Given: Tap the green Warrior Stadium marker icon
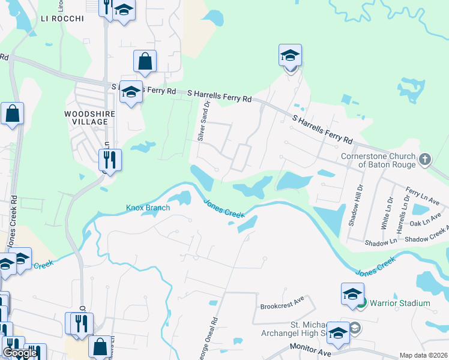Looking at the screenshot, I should pos(361,303).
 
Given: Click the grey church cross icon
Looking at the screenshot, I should pos(425,160).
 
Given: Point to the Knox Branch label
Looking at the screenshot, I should pos(148,208).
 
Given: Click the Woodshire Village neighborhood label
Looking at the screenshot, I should pos(85,117).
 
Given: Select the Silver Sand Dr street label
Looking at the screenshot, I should pos(204,121).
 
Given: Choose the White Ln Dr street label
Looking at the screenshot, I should pos(384,214).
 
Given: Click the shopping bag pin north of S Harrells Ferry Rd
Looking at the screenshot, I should pos(145,61).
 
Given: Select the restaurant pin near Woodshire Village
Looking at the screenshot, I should pos(110,160).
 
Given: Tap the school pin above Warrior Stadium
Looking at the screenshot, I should pos(352,294).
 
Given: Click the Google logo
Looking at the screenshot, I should pos(20,353).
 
